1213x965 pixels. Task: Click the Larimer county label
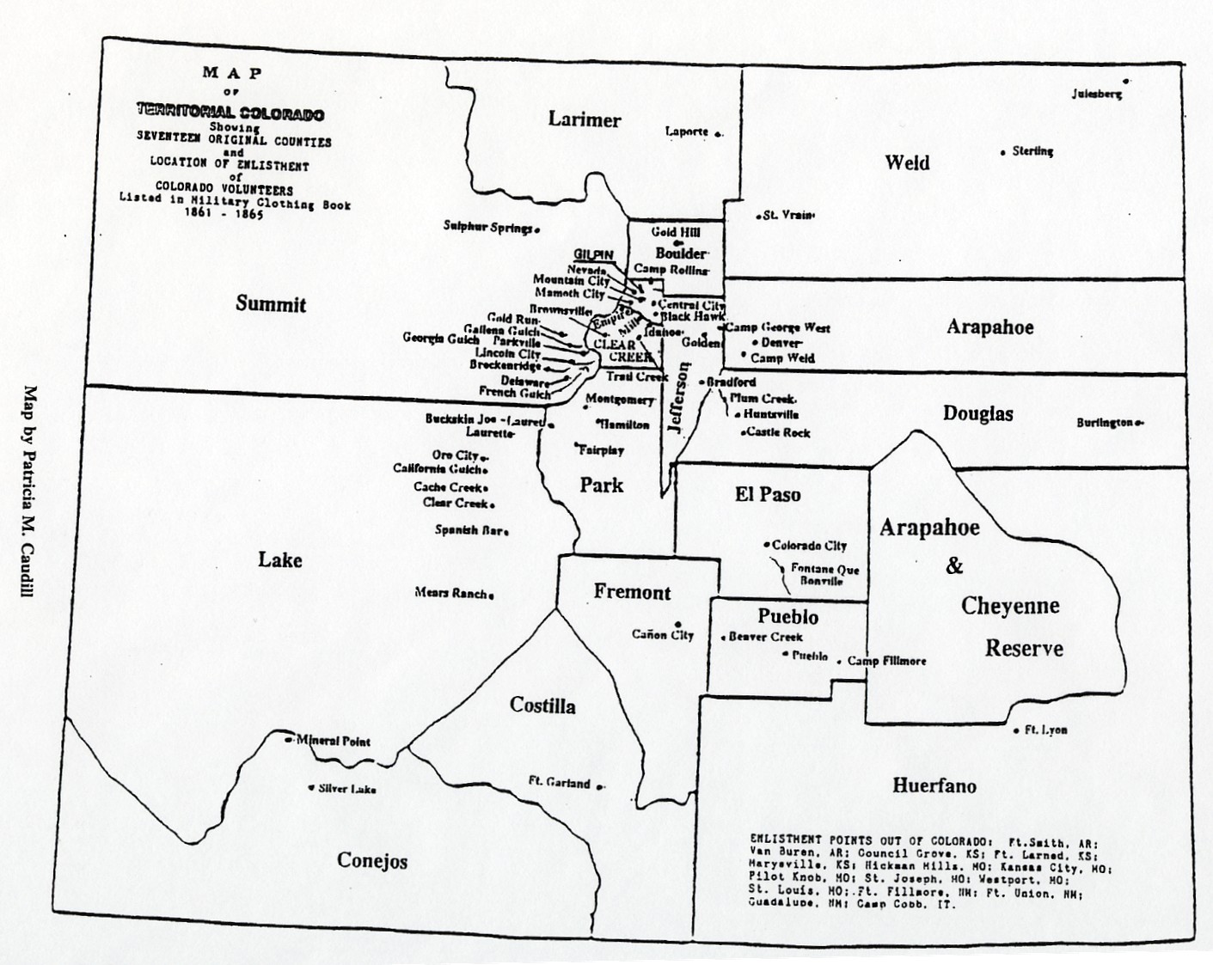tap(584, 119)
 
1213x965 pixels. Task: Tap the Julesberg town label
tap(1096, 94)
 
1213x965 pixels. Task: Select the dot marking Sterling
tap(1003, 152)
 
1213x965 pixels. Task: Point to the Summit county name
tap(271, 304)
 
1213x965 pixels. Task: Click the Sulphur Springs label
tap(487, 227)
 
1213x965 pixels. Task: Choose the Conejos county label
tap(372, 860)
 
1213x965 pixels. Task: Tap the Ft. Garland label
tap(559, 782)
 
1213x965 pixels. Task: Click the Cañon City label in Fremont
tap(662, 635)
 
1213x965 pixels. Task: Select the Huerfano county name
tap(934, 785)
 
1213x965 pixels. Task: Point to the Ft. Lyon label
tap(1045, 730)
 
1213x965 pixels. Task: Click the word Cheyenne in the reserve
tap(1009, 606)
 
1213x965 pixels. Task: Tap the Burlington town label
tap(1105, 423)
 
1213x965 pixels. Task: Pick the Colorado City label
tap(808, 546)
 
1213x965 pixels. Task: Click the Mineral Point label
tap(334, 741)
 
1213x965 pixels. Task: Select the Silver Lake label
tap(346, 788)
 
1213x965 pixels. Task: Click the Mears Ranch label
tap(451, 592)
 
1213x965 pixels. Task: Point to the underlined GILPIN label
tap(593, 254)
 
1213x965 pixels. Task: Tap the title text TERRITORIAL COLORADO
tap(230, 113)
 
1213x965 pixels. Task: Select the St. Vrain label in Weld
tap(787, 216)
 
